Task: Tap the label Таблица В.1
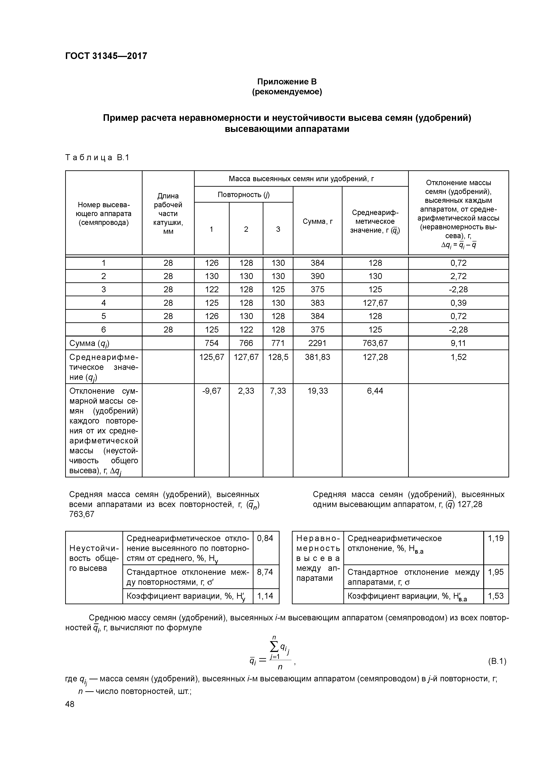97,158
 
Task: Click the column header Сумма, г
317,221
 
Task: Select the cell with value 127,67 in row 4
375,303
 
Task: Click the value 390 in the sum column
317,276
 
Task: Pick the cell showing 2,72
458,276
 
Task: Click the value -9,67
212,391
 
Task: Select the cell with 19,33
317,391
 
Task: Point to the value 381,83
317,357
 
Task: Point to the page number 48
70,704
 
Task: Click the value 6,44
375,391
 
